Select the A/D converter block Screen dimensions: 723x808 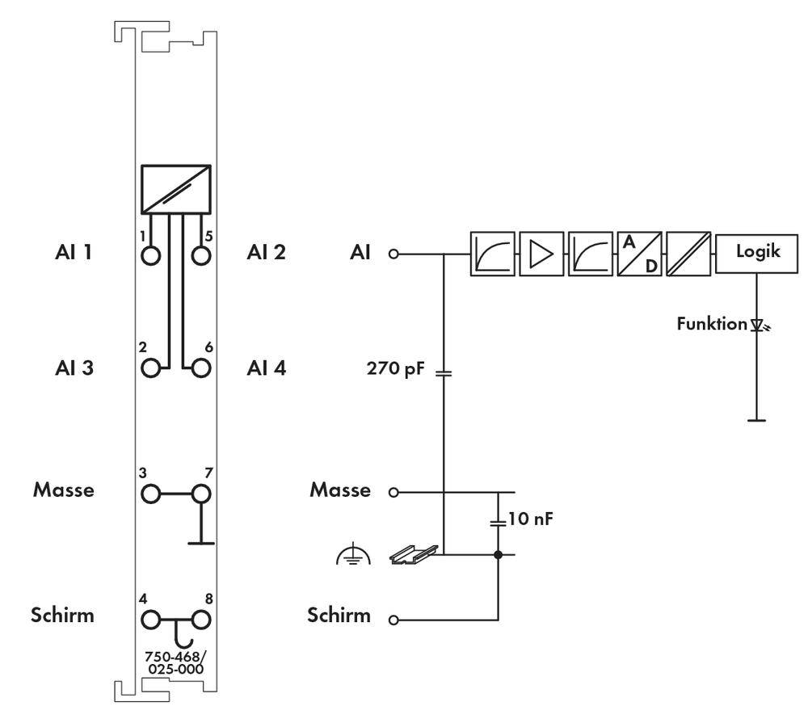639,253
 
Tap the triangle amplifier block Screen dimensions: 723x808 541,253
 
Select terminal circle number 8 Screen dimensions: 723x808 201,620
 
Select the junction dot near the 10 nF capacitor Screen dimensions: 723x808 499,555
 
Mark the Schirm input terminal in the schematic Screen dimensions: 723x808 393,620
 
